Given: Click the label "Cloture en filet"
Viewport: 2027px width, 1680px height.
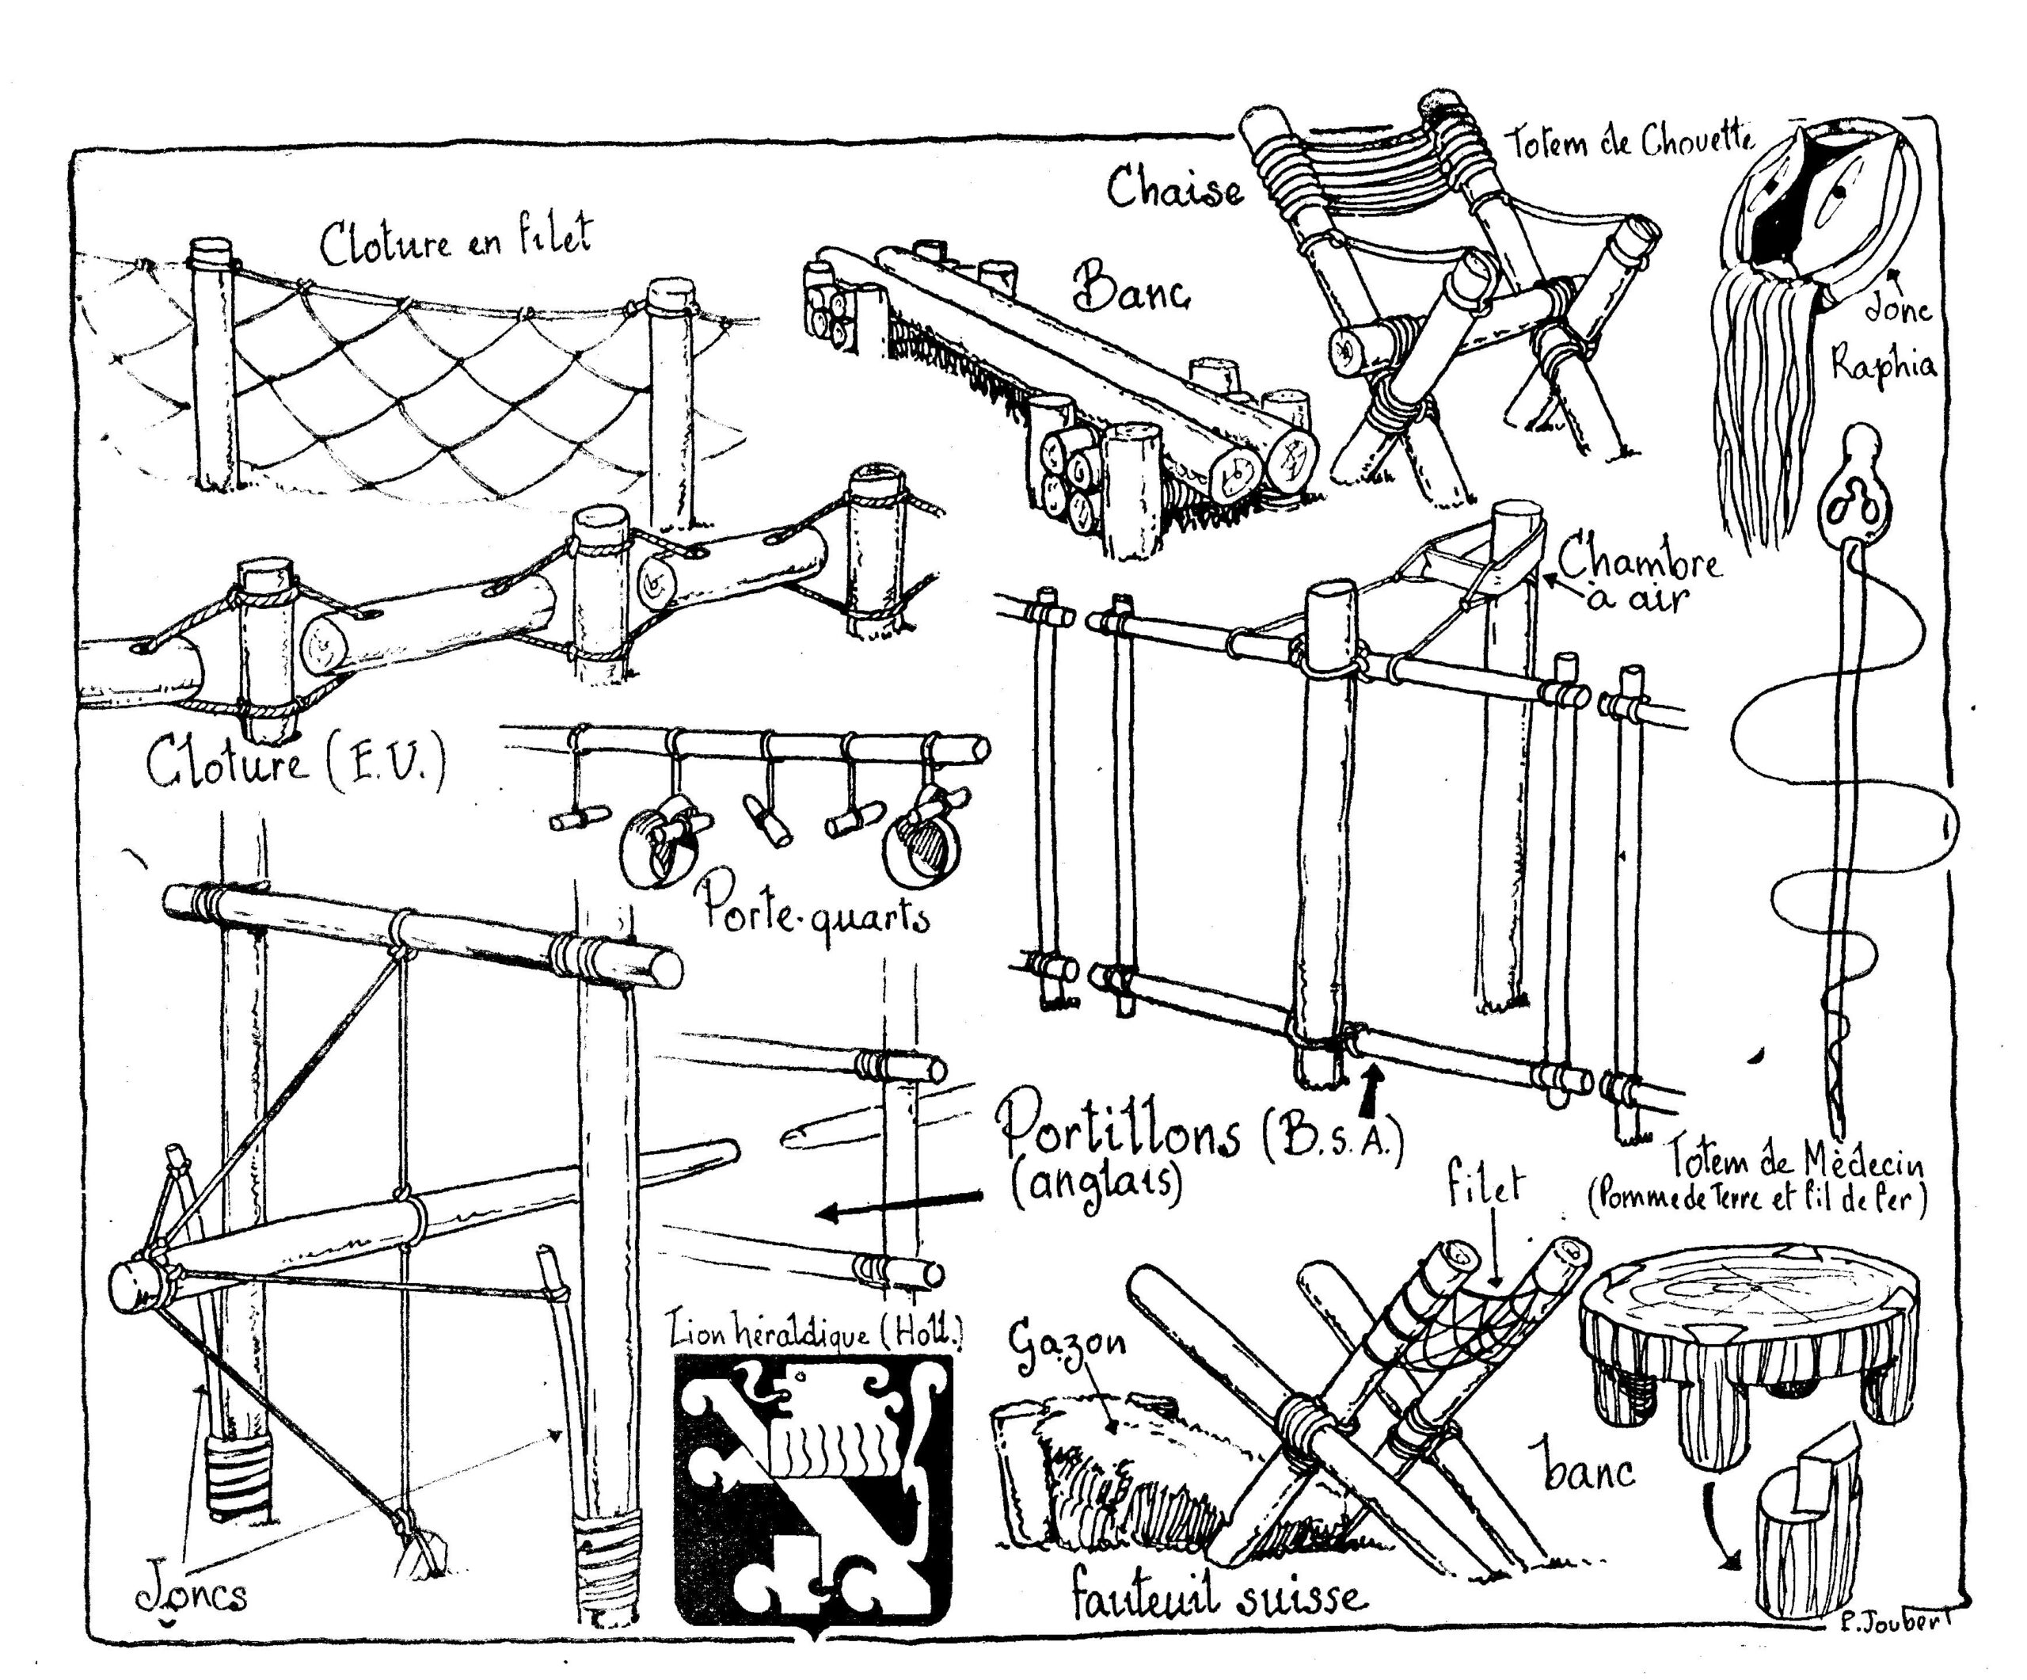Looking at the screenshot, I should [455, 242].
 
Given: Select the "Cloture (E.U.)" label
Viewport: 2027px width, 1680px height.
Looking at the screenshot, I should [295, 764].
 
